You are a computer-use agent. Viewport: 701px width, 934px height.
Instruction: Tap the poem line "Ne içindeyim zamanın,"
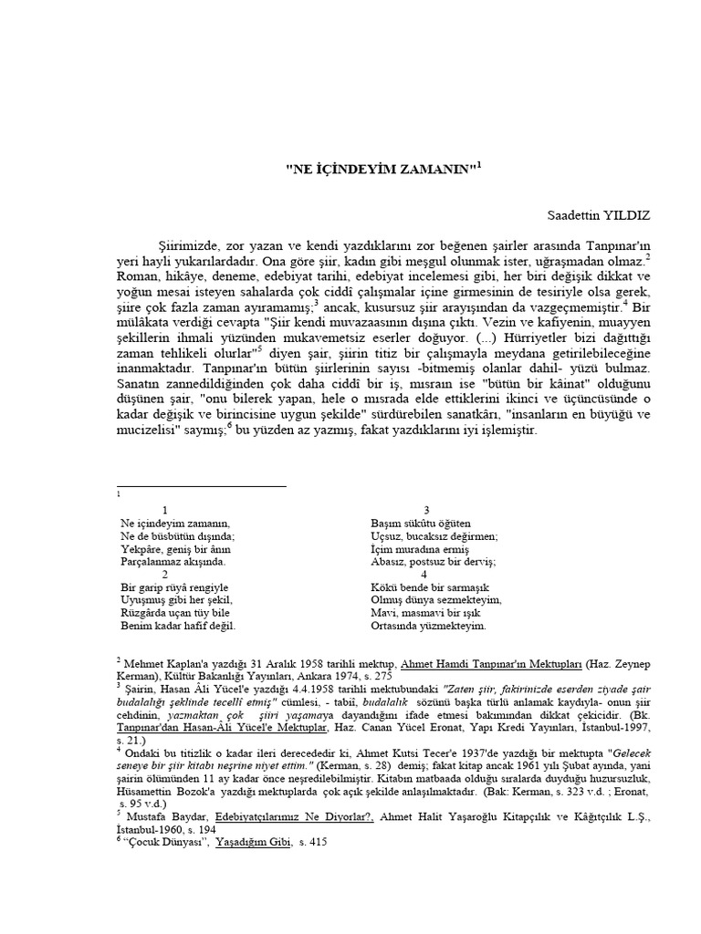[173, 524]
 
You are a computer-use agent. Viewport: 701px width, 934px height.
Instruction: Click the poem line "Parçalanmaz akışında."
[172, 563]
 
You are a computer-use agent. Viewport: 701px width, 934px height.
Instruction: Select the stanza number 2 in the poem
[164, 575]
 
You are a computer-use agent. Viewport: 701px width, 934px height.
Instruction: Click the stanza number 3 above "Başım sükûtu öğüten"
[426, 510]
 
